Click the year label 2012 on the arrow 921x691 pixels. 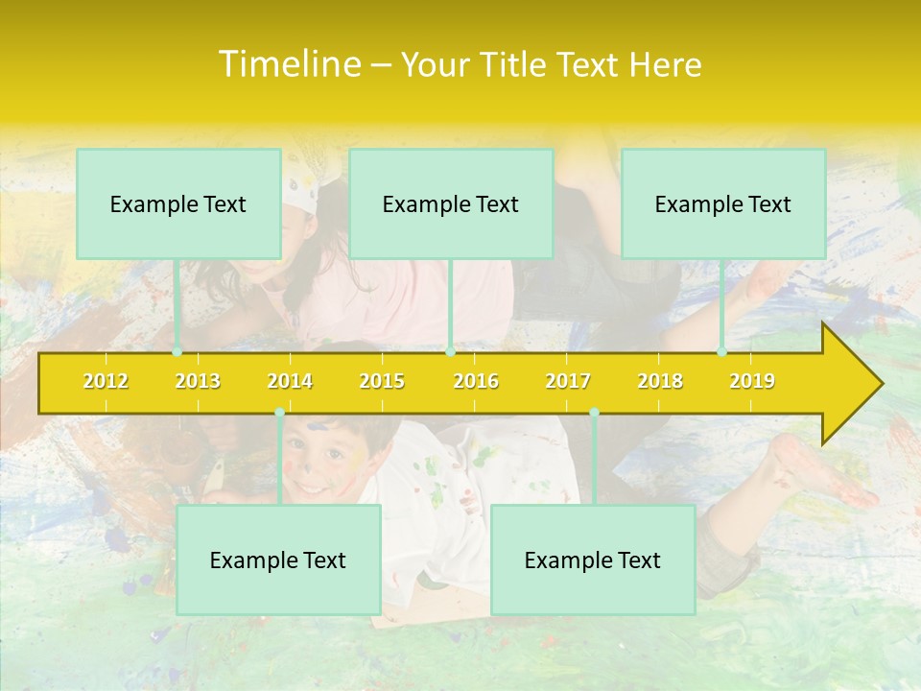tap(106, 381)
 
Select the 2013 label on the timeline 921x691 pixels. tap(198, 381)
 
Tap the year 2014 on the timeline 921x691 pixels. tap(290, 381)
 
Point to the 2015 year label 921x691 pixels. tap(382, 381)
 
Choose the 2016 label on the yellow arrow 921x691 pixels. tap(476, 381)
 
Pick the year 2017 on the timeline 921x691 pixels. tap(568, 381)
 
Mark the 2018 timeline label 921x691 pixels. tap(660, 381)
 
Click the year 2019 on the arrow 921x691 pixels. tap(752, 381)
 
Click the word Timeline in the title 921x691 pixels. tap(288, 64)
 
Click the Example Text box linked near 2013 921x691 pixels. tap(178, 203)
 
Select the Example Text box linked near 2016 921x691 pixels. tap(451, 203)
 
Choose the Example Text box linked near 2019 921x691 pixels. tap(723, 203)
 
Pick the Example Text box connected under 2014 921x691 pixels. tap(278, 560)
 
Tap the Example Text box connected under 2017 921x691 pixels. tap(593, 560)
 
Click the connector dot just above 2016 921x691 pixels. tap(450, 352)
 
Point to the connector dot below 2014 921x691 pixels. tap(279, 413)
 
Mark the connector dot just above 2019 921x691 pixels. tap(722, 352)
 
